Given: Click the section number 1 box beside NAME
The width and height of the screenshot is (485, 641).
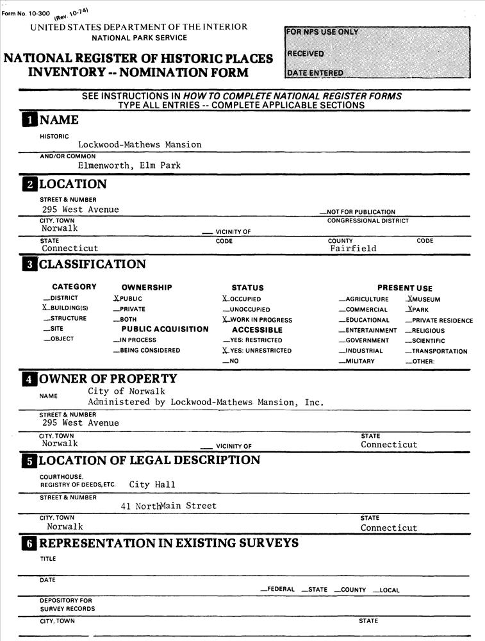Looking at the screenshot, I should tap(29, 121).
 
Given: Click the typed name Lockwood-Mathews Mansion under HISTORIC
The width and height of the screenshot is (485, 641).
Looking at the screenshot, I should tap(140, 145).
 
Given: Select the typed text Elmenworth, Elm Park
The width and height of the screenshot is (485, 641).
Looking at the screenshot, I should tap(125, 165).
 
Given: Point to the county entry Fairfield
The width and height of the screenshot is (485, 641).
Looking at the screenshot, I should tap(353, 249).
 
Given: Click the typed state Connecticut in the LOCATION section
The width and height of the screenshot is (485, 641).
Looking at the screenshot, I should tap(70, 249).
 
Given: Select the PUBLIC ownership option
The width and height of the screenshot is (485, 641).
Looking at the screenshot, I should tap(127, 299).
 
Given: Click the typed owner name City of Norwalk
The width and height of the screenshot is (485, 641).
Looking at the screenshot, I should tap(126, 391).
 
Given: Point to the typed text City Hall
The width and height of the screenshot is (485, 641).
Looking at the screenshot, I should tap(152, 485).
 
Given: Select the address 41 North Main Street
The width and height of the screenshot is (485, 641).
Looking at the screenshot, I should tap(169, 506).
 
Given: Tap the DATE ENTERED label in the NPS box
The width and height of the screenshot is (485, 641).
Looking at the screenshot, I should tap(315, 73).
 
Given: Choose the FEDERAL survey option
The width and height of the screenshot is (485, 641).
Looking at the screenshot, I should tap(277, 590).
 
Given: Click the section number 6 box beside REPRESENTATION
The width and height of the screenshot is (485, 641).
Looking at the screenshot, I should tap(29, 544).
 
